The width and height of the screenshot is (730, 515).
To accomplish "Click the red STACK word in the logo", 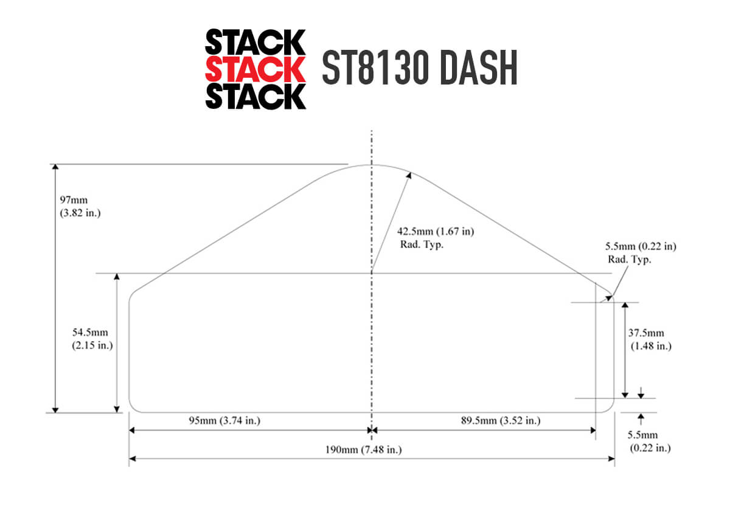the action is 255,69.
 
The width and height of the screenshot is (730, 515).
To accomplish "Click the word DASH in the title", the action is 478,67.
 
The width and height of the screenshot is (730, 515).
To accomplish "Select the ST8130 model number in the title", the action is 375,67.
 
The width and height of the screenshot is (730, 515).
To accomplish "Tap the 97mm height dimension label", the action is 80,206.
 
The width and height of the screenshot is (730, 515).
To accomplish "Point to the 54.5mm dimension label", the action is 92,339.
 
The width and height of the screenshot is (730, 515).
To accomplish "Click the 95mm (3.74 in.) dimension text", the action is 224,421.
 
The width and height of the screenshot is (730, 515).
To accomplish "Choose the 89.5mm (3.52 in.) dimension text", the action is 501,421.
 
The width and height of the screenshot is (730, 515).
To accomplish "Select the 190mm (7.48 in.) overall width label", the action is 363,449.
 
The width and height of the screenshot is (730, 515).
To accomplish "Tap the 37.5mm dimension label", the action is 650,339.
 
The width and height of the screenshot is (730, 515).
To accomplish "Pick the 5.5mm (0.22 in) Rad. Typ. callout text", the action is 641,253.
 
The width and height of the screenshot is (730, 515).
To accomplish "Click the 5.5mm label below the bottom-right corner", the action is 648,441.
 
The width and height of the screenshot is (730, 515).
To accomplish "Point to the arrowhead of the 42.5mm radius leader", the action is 409,176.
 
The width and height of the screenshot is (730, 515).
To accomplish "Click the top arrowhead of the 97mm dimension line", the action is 55,167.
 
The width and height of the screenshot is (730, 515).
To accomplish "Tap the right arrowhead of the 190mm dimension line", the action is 611,459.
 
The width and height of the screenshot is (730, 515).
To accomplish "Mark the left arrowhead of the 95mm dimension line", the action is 132,430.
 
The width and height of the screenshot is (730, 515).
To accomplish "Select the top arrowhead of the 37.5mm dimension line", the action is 625,306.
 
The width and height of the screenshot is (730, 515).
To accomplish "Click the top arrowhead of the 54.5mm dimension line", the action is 117,277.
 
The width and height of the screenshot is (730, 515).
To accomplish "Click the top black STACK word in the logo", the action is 255,42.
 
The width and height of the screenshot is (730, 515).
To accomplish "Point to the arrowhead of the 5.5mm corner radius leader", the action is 609,298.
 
